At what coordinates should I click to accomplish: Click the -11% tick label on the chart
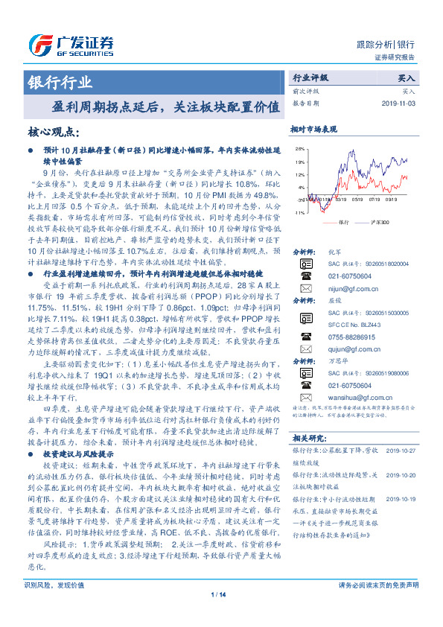pos(298,213)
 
